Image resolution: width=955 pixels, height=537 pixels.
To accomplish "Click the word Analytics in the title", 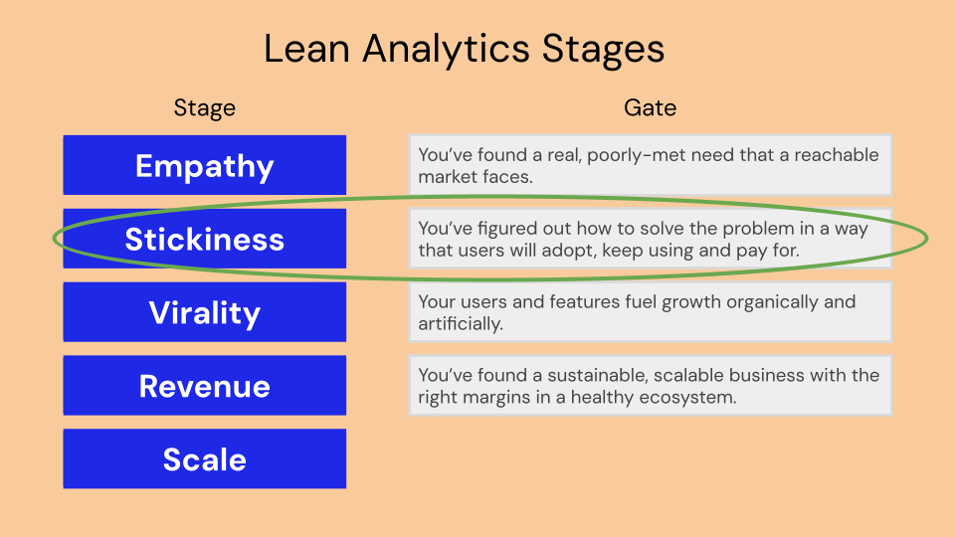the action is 446,50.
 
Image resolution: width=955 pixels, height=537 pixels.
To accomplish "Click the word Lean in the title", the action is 306,49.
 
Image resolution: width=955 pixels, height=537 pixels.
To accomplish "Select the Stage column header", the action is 205,108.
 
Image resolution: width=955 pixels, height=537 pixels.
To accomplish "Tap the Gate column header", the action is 650,107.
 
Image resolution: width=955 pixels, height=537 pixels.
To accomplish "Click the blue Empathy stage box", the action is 205,165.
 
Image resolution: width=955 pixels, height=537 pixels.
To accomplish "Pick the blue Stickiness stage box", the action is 205,239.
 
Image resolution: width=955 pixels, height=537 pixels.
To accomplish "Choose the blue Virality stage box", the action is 205,311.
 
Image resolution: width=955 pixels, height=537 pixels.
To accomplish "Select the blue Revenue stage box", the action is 205,386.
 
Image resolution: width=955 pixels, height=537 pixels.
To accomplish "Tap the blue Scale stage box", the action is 205,458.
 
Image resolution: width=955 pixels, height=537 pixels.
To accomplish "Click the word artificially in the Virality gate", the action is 461,324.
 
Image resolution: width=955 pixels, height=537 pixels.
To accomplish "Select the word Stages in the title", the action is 603,50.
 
